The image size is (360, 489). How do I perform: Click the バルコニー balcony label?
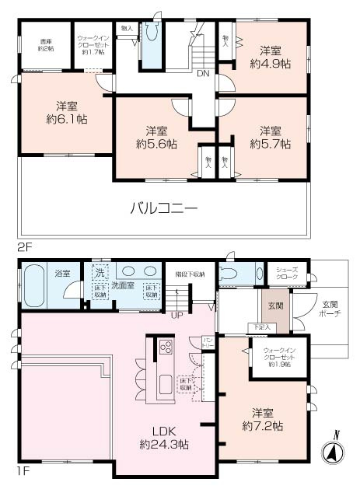163,208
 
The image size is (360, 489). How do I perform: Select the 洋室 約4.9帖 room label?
270,58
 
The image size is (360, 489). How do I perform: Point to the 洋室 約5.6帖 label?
156,137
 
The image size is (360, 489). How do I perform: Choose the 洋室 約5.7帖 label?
270,137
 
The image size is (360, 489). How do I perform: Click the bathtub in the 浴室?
35,286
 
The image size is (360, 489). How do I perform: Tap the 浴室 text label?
63,274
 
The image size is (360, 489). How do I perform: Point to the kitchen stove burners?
166,348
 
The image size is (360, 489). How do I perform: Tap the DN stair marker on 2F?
203,75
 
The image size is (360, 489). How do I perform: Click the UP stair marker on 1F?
177,315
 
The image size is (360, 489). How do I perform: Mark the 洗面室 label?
122,285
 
